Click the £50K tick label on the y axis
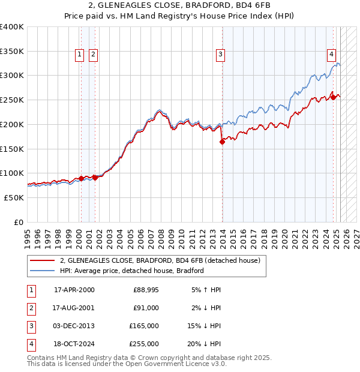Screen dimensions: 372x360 [x=14, y=197]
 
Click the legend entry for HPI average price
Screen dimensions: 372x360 [x=132, y=271]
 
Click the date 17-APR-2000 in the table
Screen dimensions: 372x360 [x=74, y=290]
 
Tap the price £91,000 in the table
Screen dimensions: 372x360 [x=146, y=307]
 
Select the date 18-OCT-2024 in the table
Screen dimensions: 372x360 [x=74, y=344]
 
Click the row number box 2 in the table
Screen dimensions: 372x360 [x=31, y=308]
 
